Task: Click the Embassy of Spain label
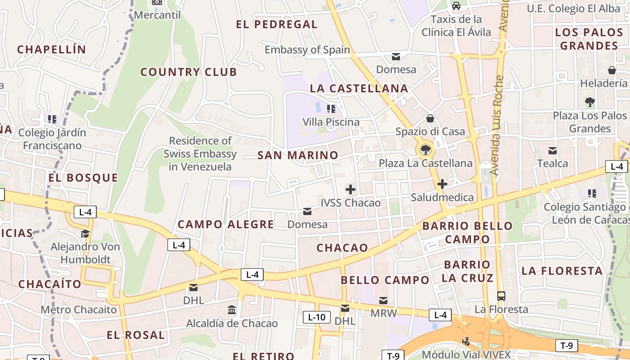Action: click(x=307, y=49)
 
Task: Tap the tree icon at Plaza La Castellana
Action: click(x=425, y=149)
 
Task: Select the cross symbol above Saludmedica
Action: click(x=442, y=184)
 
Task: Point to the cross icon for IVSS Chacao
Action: click(x=351, y=189)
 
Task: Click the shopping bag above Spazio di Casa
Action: click(x=430, y=118)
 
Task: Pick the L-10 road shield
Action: click(x=316, y=317)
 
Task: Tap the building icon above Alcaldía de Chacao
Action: click(x=232, y=310)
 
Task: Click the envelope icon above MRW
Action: click(x=383, y=300)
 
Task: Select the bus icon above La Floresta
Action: click(x=501, y=296)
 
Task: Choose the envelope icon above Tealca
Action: click(x=553, y=150)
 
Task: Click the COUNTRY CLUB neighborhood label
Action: click(x=189, y=72)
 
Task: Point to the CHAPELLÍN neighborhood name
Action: click(x=51, y=49)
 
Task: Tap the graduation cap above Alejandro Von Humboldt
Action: click(x=85, y=234)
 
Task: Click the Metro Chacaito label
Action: click(x=78, y=310)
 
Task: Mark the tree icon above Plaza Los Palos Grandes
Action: click(x=590, y=102)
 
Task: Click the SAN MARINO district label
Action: click(x=298, y=156)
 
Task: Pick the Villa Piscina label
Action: click(x=331, y=122)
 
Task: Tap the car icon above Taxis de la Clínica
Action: click(x=456, y=6)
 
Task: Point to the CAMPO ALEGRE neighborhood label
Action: click(x=225, y=224)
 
